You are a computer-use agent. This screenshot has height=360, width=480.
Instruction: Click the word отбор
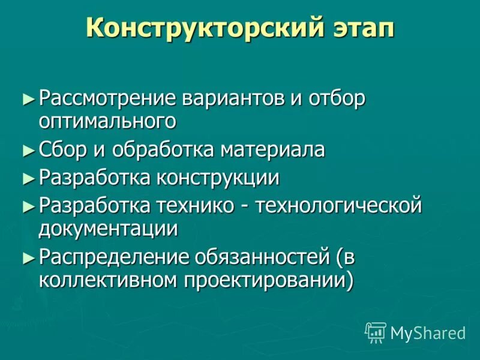pos(336,98)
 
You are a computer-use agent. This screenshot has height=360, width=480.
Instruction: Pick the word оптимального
pos(107,121)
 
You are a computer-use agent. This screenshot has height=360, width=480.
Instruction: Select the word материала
pos(272,149)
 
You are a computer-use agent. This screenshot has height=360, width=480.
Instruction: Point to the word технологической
pos(340,206)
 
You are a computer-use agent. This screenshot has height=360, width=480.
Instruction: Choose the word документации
pos(109,228)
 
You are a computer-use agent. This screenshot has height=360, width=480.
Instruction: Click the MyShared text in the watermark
pos(428,332)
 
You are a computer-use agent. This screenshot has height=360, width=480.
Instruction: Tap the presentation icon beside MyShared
pos(376,332)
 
